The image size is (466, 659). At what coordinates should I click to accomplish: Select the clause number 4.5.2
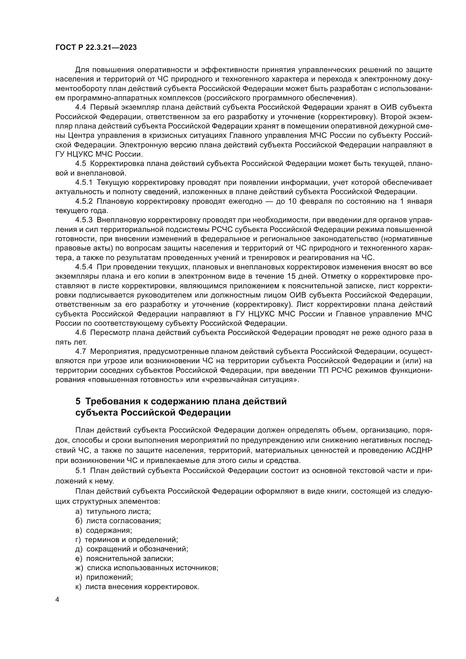pyautogui.click(x=84, y=201)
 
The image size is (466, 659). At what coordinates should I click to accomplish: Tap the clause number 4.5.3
pyautogui.click(x=84, y=220)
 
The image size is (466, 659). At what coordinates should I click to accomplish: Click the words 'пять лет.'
pyautogui.click(x=71, y=342)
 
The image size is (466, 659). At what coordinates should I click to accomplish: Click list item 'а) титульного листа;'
pyautogui.click(x=113, y=511)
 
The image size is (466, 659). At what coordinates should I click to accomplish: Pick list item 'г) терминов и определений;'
pyautogui.click(x=127, y=540)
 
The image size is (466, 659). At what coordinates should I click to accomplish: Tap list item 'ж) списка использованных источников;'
pyautogui.click(x=147, y=568)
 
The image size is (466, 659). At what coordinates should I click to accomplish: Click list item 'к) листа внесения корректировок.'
pyautogui.click(x=137, y=587)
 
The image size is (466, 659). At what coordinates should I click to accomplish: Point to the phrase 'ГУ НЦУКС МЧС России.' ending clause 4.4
pyautogui.click(x=99, y=154)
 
